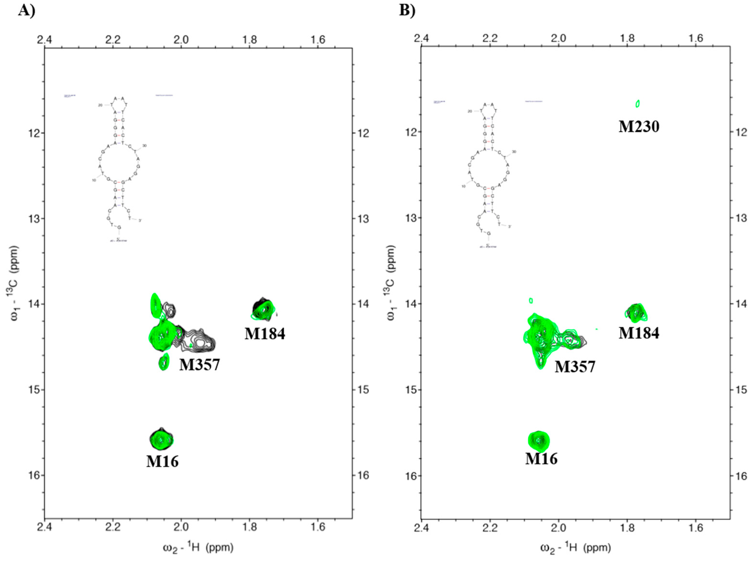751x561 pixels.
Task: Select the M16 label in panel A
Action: [x=162, y=461]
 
